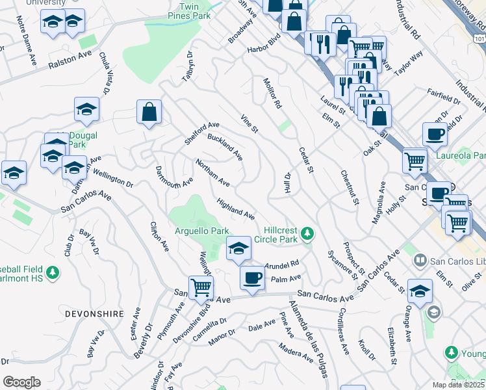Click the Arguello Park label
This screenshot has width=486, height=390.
tap(201, 231)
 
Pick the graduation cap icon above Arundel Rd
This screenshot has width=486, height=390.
tap(238, 248)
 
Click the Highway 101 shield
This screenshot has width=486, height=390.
tap(480, 40)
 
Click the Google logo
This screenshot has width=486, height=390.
tap(21, 382)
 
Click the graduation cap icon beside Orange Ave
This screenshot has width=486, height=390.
tap(420, 291)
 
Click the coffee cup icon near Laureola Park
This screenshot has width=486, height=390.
tap(435, 134)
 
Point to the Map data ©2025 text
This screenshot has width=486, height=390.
tap(457, 385)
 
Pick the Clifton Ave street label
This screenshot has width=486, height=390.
tap(159, 237)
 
